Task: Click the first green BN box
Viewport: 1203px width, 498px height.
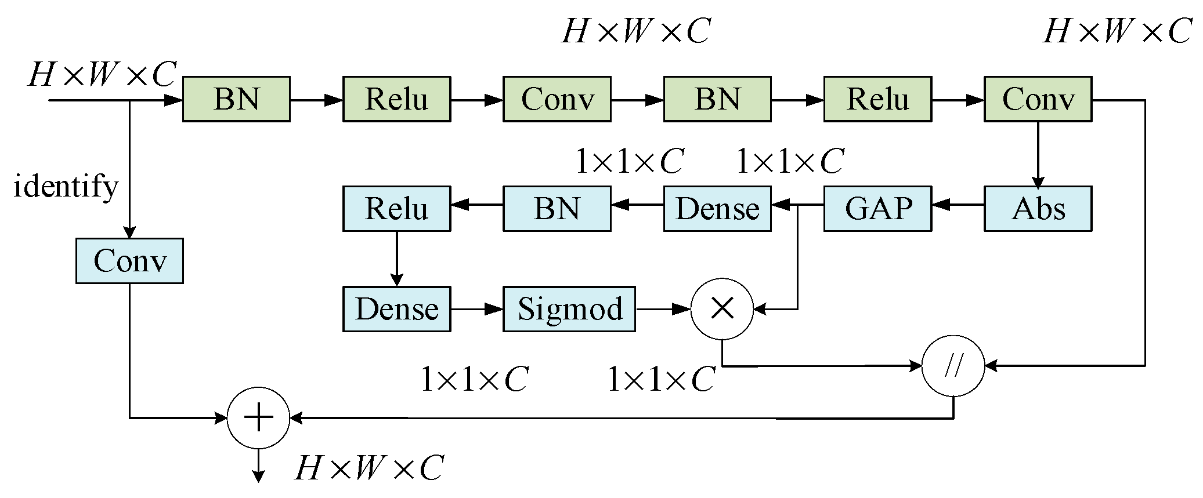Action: coord(236,99)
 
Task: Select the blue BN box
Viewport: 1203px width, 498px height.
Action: coord(557,209)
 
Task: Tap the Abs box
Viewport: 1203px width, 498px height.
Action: coord(1038,209)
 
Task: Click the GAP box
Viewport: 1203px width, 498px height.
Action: coord(877,209)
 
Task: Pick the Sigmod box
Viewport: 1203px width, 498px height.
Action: coord(569,309)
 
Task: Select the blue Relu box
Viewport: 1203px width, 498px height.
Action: coord(396,209)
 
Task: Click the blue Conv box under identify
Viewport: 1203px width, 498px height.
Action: coord(129,261)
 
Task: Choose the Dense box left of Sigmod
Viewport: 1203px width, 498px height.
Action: coord(396,309)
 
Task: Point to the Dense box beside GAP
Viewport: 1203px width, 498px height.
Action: coord(717,209)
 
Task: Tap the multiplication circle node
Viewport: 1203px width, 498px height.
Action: coord(722,309)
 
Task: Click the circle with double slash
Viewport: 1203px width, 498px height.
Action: coord(953,366)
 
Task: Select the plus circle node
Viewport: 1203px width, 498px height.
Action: coord(258,418)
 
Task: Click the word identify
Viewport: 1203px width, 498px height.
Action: coord(66,187)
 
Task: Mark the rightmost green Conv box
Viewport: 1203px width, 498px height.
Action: coord(1038,99)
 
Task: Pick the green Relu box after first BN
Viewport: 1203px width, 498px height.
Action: coord(396,99)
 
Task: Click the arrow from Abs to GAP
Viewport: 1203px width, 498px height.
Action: coord(958,205)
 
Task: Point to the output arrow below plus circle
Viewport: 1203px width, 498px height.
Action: coord(258,467)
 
